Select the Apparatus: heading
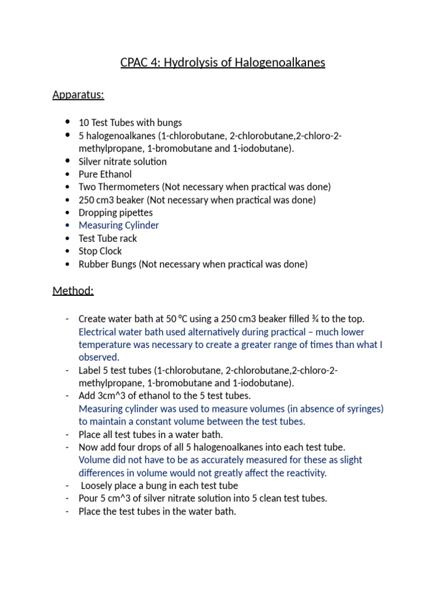[78, 95]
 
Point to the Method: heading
[73, 291]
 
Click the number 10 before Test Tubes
[84, 122]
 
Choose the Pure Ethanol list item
[105, 174]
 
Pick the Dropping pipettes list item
[116, 212]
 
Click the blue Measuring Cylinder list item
[118, 225]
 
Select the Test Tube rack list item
[108, 238]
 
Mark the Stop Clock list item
[100, 251]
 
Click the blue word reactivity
[305, 473]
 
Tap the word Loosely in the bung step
[98, 486]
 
